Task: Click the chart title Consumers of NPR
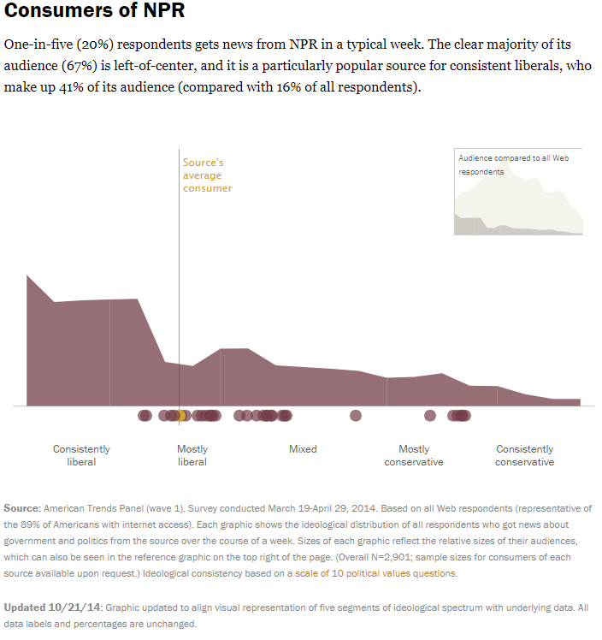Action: coord(94,12)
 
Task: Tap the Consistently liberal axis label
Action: coord(81,455)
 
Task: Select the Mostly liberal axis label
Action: coord(192,455)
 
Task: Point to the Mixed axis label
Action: coord(303,449)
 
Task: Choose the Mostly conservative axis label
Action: coord(414,455)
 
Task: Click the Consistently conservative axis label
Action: coord(525,455)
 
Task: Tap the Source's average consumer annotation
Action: coord(207,175)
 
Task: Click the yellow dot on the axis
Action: coord(180,416)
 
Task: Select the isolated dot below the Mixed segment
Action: coord(356,416)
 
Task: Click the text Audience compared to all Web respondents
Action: coord(513,164)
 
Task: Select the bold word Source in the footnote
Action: coord(21,507)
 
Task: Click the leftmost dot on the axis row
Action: coord(145,416)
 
